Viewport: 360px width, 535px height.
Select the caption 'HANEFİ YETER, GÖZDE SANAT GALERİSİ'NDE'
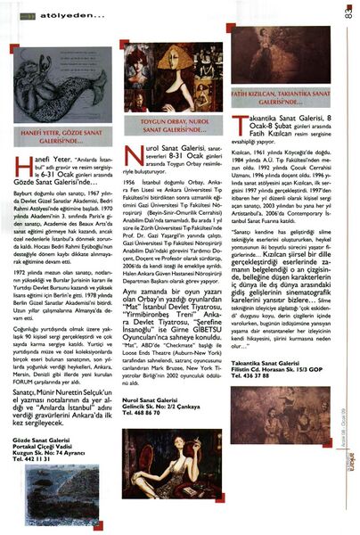pos(64,136)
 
